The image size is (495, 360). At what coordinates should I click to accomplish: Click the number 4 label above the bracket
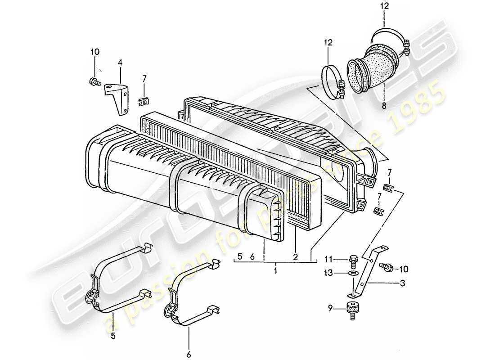click(120, 63)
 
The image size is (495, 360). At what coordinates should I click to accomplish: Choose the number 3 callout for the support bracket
click(403, 283)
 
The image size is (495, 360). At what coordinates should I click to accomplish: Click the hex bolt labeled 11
click(352, 260)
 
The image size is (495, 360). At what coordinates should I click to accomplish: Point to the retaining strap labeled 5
click(118, 279)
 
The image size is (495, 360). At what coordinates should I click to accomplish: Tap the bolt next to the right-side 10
click(387, 267)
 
